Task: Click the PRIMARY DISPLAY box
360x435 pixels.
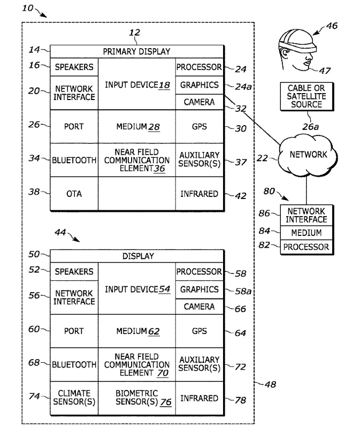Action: point(137,51)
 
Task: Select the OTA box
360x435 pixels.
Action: point(74,194)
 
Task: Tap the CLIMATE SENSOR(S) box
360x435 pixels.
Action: point(74,398)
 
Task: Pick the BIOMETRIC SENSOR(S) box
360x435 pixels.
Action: point(137,398)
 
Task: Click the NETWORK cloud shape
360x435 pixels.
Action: point(308,155)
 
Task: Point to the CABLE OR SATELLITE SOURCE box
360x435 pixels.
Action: point(307,96)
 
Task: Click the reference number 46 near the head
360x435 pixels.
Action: point(332,26)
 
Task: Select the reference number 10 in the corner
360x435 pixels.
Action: point(28,8)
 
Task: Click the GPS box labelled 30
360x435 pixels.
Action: point(200,126)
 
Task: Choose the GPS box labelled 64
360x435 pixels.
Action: point(200,331)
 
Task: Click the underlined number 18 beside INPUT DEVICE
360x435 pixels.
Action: point(164,85)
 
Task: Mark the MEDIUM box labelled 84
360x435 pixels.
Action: point(307,232)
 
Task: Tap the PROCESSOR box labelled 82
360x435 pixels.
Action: point(307,247)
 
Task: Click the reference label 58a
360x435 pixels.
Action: point(243,291)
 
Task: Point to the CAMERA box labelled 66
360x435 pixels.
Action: point(200,307)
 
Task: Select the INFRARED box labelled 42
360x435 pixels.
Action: point(200,194)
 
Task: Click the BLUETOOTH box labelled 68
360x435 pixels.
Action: point(74,364)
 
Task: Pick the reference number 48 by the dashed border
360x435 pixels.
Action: point(271,385)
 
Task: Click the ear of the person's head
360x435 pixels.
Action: point(284,54)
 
